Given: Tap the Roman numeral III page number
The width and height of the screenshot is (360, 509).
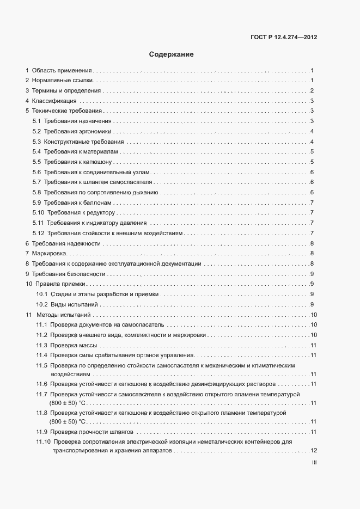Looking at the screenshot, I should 314,463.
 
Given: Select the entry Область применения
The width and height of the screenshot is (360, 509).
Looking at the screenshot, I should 62,71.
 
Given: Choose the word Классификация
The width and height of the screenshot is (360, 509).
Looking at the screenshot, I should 54,101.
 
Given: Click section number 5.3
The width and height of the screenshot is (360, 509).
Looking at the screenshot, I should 37,142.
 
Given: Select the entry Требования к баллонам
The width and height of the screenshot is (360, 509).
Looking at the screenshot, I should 78,203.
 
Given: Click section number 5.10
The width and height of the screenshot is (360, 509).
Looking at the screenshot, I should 39,212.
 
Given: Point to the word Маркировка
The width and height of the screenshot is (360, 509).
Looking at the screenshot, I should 49,253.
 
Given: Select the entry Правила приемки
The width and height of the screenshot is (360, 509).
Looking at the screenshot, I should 60,284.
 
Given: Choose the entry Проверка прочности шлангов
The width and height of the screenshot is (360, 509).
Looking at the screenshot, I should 92,432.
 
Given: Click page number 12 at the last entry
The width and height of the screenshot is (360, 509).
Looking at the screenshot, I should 313,451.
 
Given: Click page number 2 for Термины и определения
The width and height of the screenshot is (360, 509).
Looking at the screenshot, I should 311,91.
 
